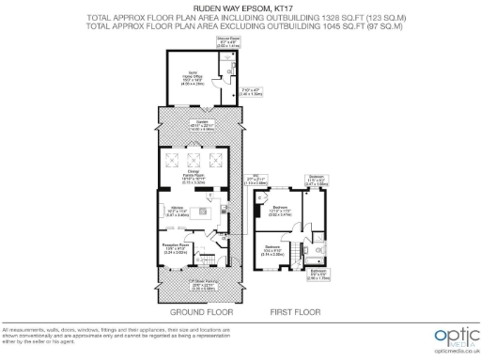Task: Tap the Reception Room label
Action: tap(180, 250)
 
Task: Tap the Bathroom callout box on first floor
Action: tap(318, 275)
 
